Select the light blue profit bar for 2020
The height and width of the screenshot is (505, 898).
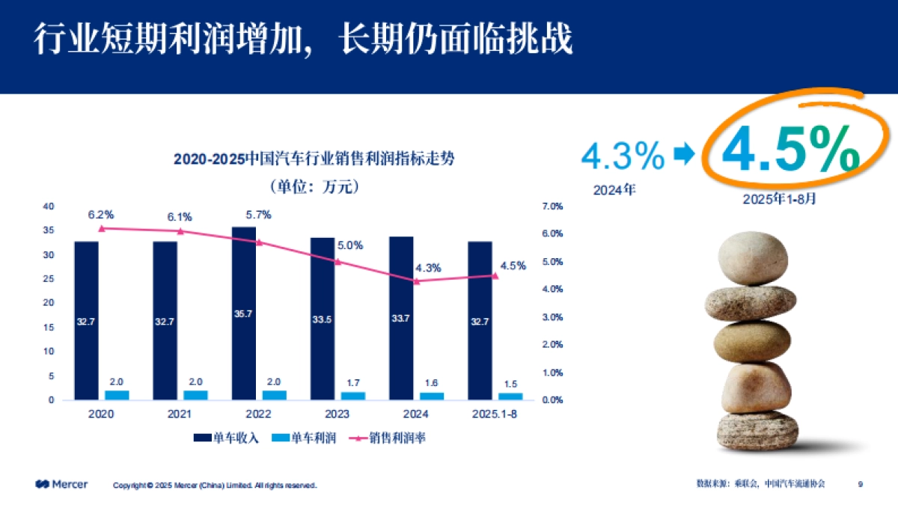coord(116,395)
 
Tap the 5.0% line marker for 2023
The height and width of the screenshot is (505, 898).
coord(337,262)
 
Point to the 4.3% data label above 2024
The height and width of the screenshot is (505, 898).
coord(428,267)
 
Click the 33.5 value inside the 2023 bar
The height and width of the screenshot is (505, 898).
coord(323,319)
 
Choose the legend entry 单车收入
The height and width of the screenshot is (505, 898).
coord(226,438)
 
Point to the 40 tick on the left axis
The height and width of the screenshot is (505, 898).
coord(49,206)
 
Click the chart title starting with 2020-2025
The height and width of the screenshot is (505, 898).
coord(314,159)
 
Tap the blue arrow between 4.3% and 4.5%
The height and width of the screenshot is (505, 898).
coord(684,155)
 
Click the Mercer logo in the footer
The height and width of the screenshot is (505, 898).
coord(61,484)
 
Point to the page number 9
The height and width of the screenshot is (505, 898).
coord(860,484)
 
